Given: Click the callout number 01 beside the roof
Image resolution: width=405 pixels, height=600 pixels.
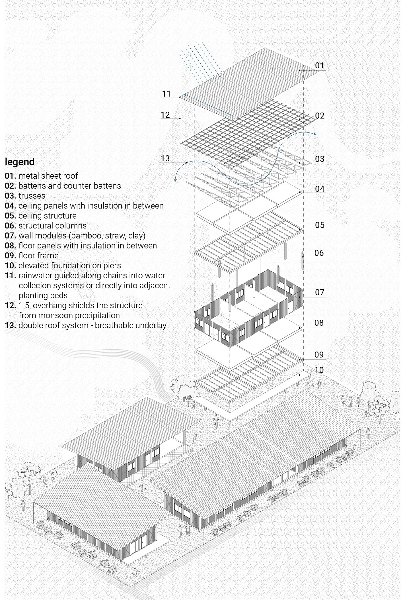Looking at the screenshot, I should (x=319, y=66).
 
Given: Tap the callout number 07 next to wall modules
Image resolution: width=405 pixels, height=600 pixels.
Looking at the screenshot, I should (x=319, y=292).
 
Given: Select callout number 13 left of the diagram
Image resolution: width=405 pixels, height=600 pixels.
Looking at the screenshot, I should (x=165, y=158).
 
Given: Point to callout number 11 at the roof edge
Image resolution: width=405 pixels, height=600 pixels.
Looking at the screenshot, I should (x=166, y=94).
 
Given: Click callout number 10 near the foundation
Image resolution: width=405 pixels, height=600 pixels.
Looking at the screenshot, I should (x=319, y=370).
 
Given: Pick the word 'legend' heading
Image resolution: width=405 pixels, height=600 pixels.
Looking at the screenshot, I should (x=20, y=162).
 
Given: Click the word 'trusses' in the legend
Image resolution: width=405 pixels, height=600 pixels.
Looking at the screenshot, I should (x=32, y=196).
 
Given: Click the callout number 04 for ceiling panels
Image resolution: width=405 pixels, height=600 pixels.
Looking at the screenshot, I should (x=319, y=189).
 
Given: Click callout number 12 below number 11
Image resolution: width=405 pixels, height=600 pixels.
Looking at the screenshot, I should (x=165, y=115).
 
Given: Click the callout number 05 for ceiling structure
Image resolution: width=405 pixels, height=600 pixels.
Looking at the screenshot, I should (x=319, y=225).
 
